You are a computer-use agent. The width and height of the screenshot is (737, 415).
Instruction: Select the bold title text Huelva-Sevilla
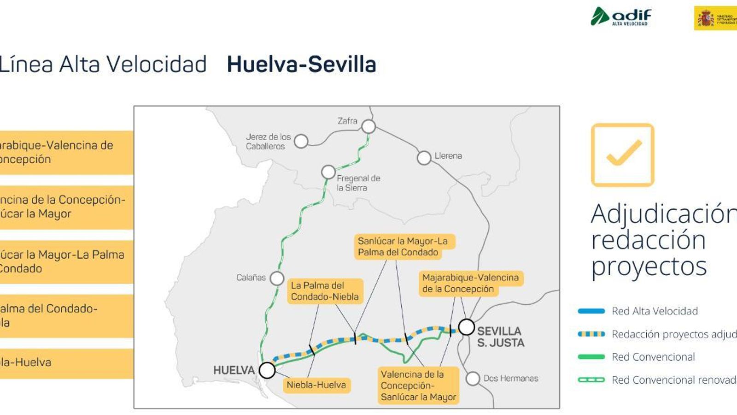tap(301, 64)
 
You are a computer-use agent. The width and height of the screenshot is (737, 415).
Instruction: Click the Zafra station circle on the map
tap(368, 126)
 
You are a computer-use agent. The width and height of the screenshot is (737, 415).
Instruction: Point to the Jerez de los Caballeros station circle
tap(301, 141)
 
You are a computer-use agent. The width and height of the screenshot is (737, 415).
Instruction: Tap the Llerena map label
tap(448, 156)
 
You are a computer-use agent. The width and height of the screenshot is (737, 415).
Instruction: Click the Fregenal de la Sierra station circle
tap(328, 172)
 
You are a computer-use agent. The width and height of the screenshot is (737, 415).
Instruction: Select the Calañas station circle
tap(277, 278)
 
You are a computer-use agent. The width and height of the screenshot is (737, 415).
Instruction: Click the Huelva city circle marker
tap(267, 370)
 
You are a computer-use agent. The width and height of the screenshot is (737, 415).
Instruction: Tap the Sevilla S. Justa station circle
tap(466, 327)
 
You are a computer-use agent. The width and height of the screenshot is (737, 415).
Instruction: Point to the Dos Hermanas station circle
tap(473, 379)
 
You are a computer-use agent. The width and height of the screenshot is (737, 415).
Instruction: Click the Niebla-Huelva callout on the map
tap(316, 385)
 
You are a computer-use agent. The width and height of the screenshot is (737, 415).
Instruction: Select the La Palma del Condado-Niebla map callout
tap(325, 291)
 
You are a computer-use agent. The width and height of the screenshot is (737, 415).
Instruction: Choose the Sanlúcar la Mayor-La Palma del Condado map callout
tap(403, 247)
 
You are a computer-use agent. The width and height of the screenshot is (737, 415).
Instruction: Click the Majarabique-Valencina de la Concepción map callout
tap(470, 283)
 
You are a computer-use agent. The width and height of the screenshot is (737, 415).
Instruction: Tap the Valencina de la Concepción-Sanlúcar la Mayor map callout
tap(418, 385)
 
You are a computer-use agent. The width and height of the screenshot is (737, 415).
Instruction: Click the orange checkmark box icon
tap(622, 155)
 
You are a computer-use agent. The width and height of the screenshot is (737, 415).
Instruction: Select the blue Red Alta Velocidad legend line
tap(591, 311)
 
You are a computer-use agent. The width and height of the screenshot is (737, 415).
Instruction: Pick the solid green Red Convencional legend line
tap(591, 357)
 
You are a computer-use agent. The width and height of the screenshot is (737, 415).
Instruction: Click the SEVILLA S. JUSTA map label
tap(500, 337)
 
